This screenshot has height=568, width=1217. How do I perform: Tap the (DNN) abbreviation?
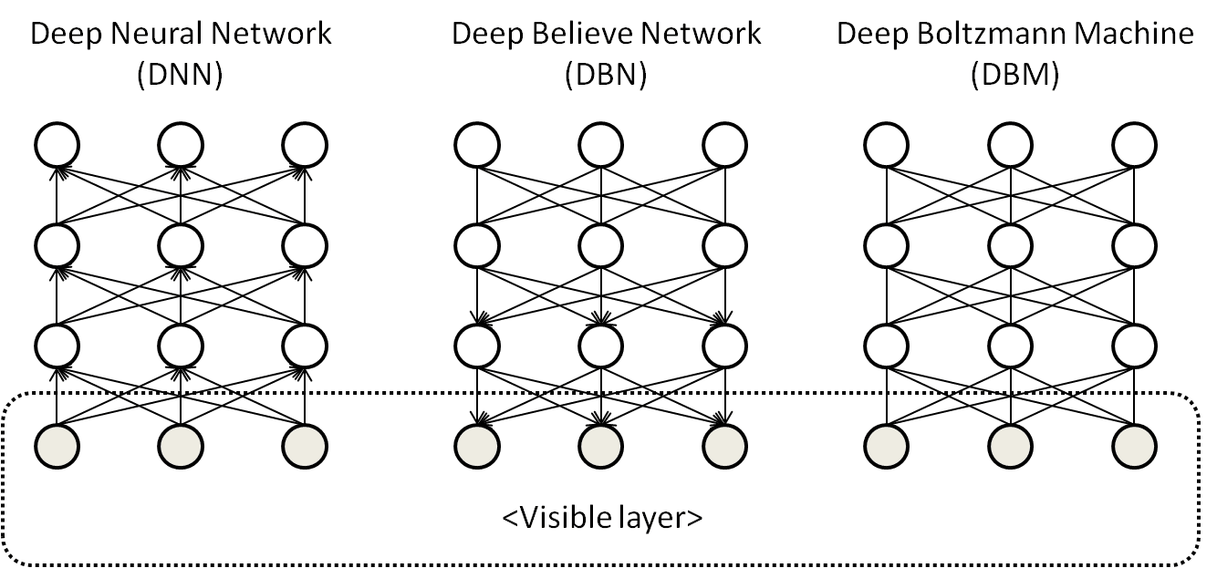180,76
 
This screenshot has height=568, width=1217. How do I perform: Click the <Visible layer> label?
602,518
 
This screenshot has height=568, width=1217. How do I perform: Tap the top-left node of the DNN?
57,144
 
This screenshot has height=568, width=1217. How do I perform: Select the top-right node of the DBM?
1134,144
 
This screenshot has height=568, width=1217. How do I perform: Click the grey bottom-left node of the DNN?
57,445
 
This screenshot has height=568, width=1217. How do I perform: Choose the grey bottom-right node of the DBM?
1134,445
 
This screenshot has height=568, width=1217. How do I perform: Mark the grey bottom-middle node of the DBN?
601,445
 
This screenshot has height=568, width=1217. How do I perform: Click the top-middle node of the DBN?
601,144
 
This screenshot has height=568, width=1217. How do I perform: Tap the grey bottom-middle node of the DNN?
181,445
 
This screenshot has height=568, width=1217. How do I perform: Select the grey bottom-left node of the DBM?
886,445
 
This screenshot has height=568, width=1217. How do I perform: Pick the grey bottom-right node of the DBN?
725,445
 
